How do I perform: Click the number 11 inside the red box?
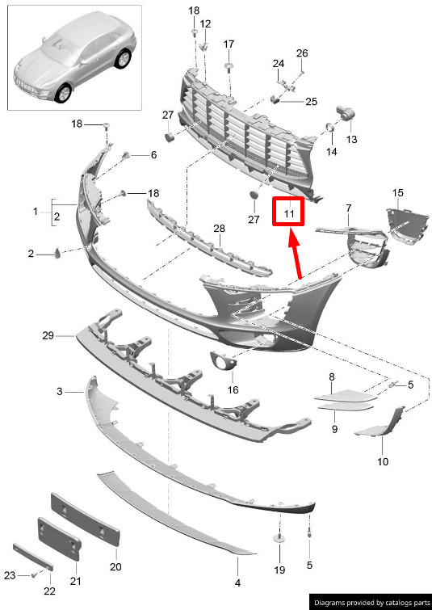coord(289,213)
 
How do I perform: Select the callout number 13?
coord(351,139)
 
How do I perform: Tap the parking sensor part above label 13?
coord(345,112)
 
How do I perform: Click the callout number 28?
coord(220,229)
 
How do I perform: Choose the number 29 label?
coord(48,335)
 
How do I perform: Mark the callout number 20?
coord(115,566)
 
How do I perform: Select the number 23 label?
coord(10,575)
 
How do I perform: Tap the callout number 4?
coord(237,583)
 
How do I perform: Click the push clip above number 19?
coord(279,539)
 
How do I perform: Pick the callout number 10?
coord(383,461)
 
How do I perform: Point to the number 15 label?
coord(398,192)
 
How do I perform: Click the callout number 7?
coord(348,208)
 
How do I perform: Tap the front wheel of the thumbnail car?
coord(63,94)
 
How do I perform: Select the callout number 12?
coord(205,23)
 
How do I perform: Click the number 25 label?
coord(311,102)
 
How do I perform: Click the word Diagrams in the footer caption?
coord(330,603)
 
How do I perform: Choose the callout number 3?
coord(60,391)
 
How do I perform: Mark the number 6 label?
coord(153,155)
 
